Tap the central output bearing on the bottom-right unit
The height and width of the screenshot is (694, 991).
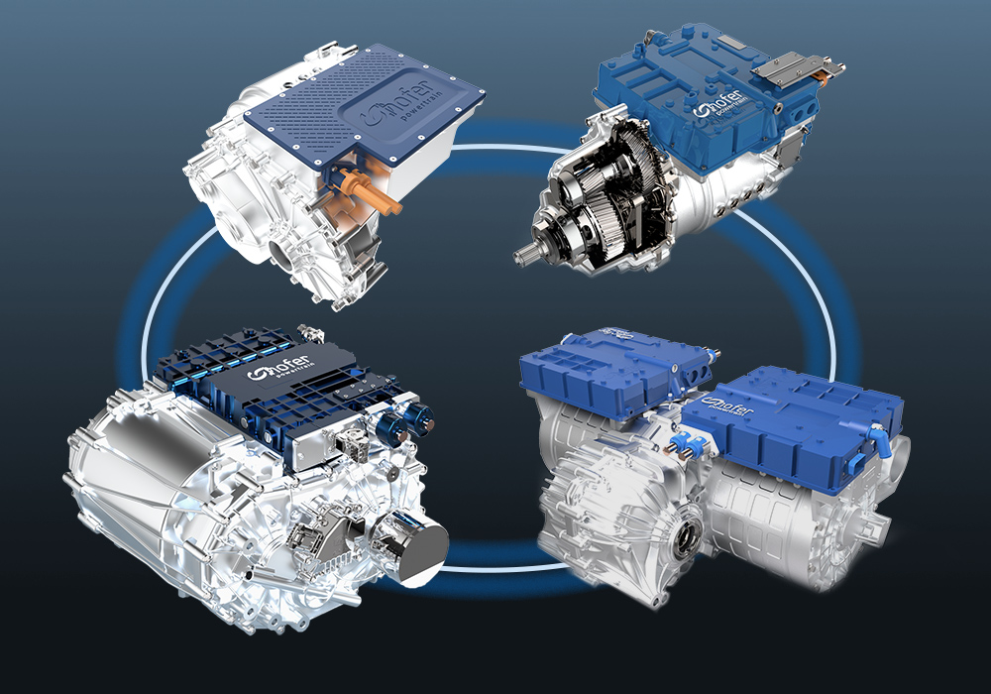(685, 536)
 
